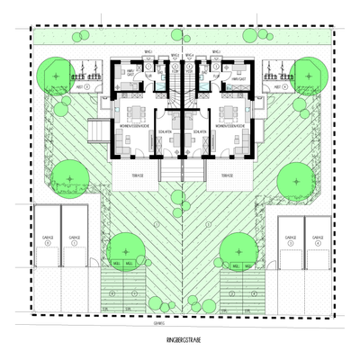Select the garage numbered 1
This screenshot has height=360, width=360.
point(46,240)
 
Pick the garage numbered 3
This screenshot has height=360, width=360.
point(290,240)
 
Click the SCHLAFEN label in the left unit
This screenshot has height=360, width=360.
point(165,131)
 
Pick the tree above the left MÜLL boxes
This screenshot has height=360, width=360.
point(125,247)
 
